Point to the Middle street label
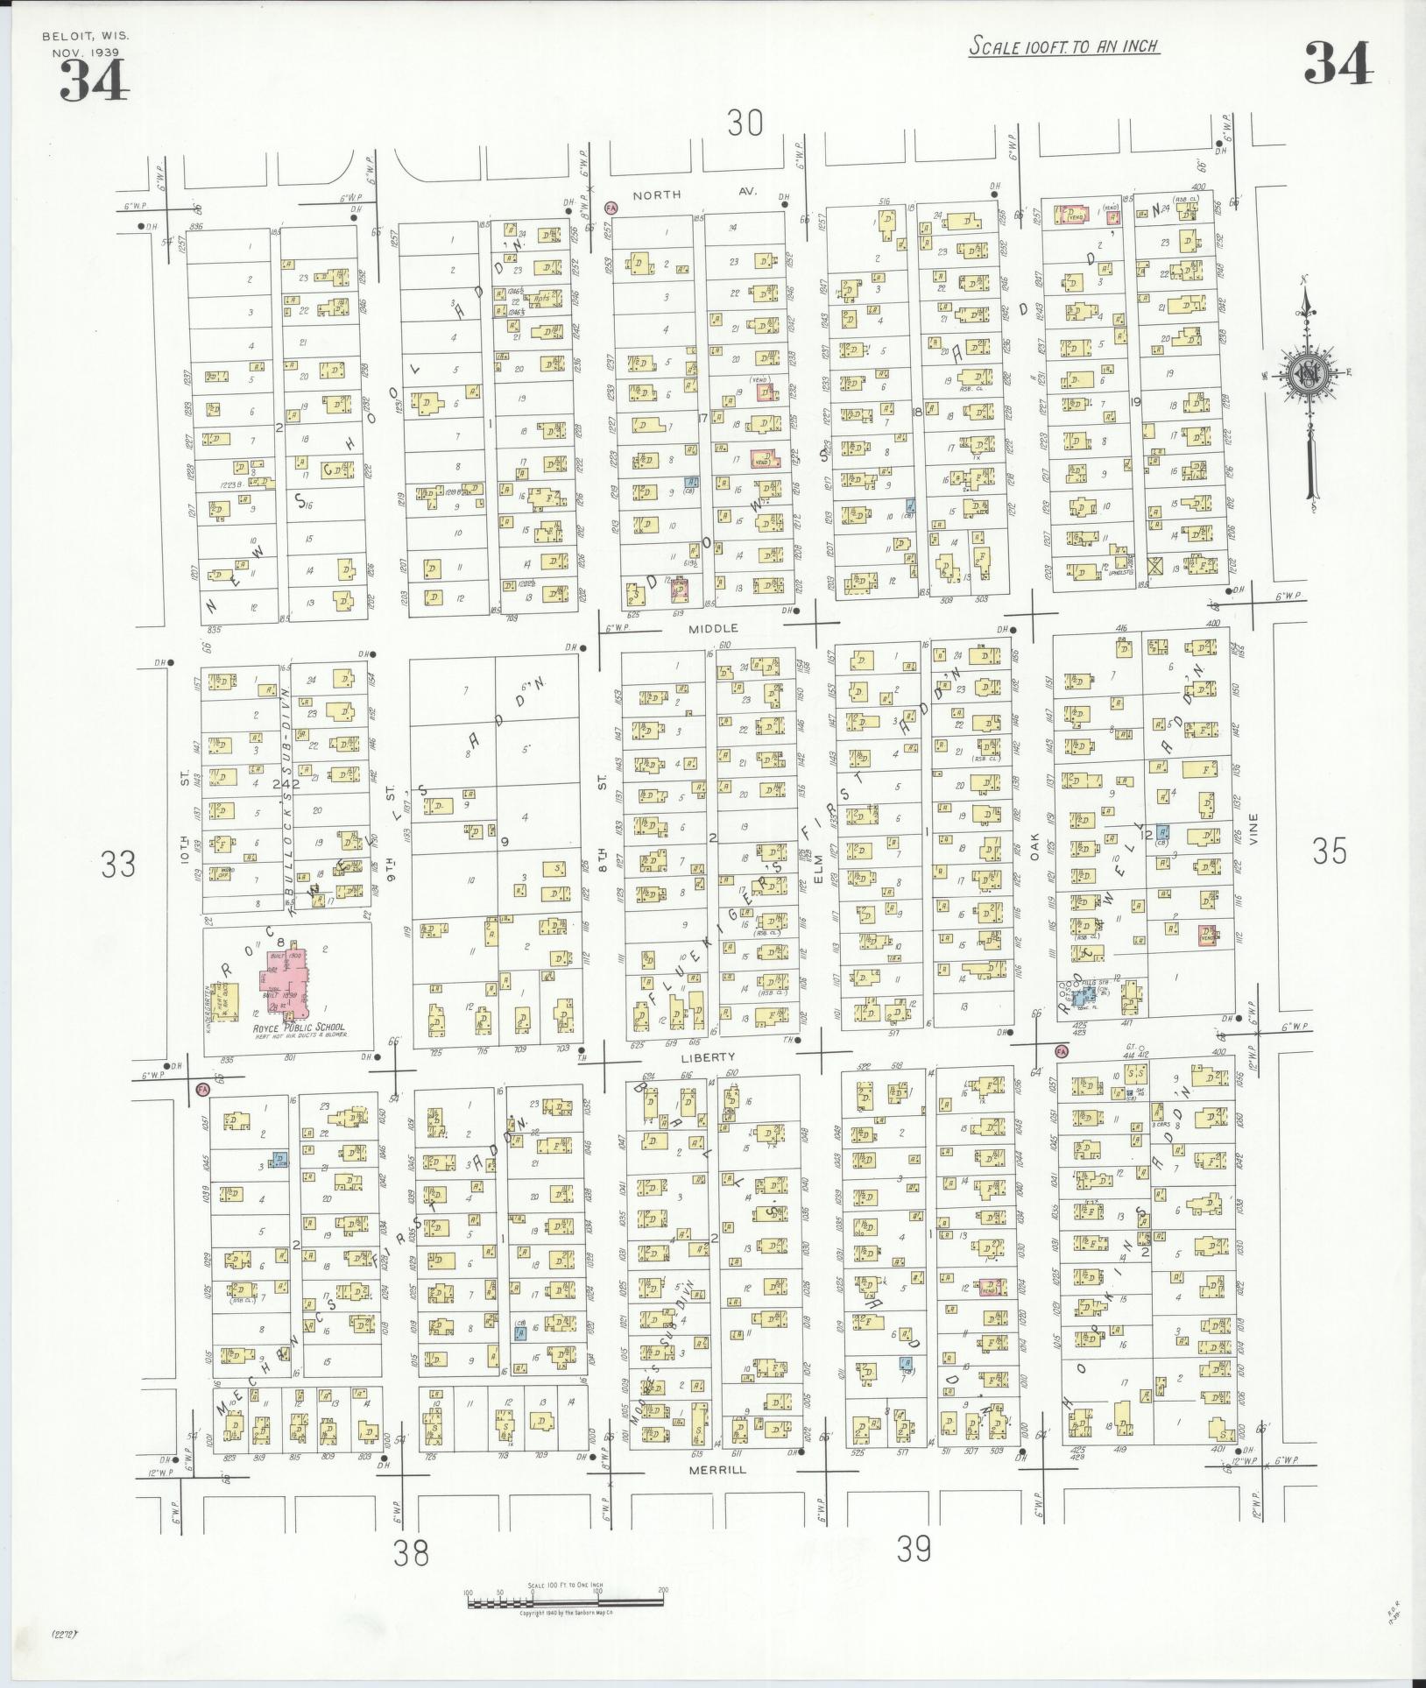pos(713,628)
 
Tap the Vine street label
pos(1253,829)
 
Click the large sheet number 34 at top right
pos(1338,64)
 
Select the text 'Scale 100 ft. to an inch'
pos(1063,46)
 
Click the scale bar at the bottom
pos(566,1601)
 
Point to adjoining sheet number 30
pos(745,124)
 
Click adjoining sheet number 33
pos(118,865)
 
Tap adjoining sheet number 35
pos(1329,851)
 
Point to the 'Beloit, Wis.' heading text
pos(85,36)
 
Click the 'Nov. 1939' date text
pos(85,52)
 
